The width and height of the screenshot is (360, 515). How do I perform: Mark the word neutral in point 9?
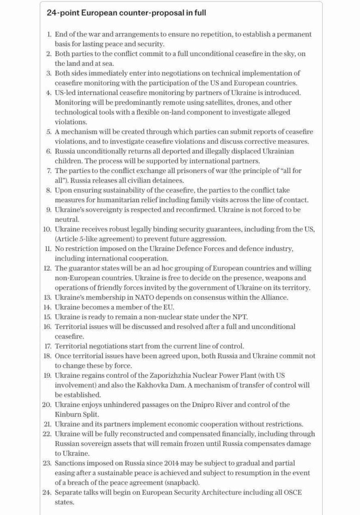point(66,219)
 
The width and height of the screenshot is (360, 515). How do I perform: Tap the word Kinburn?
point(68,414)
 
